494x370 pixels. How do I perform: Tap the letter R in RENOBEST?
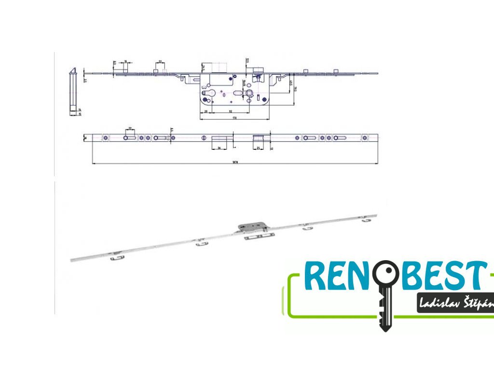click(316, 276)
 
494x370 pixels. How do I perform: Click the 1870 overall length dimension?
click(235, 162)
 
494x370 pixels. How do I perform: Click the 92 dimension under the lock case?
click(225, 111)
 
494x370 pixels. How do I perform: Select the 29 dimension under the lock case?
click(206, 111)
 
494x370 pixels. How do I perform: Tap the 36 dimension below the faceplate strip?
click(219, 148)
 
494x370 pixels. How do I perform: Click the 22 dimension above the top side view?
click(160, 62)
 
